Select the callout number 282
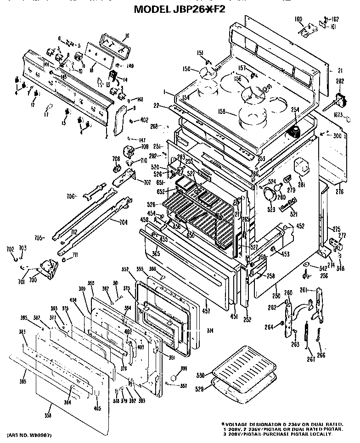tap(340, 81)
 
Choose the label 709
tap(145, 147)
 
